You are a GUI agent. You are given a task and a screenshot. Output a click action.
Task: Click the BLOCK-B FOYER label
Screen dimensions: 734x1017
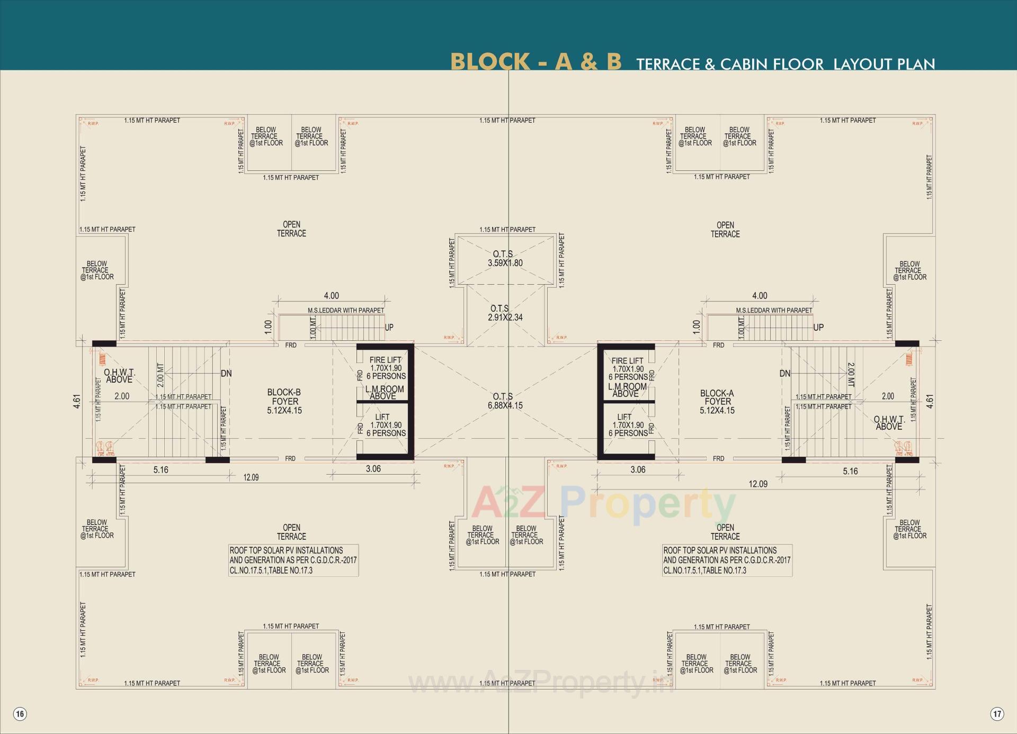[x=284, y=401]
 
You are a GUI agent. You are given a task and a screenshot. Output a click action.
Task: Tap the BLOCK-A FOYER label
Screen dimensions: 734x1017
[x=717, y=402]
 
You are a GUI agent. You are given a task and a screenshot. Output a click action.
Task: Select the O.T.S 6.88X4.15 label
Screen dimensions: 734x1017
[x=505, y=401]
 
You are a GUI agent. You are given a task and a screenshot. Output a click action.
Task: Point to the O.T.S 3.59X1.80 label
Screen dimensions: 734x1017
[x=505, y=258]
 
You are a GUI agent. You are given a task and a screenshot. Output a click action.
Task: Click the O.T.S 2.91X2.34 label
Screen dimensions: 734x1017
[x=505, y=313]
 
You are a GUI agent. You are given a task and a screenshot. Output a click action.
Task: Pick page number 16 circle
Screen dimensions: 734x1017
[x=20, y=714]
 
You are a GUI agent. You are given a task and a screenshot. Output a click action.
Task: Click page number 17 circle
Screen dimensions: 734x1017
[x=997, y=714]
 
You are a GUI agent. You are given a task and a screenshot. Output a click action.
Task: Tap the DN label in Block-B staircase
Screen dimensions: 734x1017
[x=226, y=374]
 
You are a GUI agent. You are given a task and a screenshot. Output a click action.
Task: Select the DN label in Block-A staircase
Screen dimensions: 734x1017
[x=784, y=374]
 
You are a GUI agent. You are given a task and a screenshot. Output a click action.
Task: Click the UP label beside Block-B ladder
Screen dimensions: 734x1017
[x=389, y=328]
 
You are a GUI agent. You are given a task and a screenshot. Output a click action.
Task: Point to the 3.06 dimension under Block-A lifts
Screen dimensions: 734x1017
[x=638, y=470]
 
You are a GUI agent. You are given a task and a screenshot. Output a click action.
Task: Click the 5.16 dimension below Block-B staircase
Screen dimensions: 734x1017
[x=160, y=470]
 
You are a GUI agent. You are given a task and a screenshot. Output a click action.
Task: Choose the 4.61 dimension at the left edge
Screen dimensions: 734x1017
[x=77, y=401]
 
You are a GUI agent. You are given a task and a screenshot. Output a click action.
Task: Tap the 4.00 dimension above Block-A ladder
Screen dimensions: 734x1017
[x=760, y=296]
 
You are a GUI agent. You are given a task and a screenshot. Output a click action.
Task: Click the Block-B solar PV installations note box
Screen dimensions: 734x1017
[x=293, y=560]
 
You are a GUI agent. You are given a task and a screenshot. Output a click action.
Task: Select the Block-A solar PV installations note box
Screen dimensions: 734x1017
[x=727, y=560]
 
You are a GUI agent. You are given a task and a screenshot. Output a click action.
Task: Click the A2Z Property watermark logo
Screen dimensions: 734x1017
[x=604, y=504]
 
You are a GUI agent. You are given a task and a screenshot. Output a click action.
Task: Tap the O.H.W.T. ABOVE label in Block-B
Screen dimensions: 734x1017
[x=119, y=376]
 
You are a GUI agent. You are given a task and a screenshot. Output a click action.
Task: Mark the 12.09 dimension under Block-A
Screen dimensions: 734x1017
[x=758, y=484]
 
